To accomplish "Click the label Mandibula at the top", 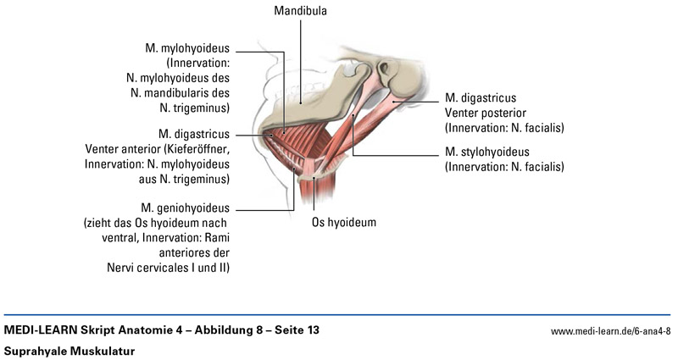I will [x=300, y=12].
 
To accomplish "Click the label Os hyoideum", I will [x=340, y=223].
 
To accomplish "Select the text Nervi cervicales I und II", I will [x=164, y=269].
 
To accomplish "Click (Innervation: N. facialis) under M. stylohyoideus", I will [x=504, y=167].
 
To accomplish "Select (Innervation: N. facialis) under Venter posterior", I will [x=504, y=128].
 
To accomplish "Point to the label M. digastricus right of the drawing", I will [x=481, y=97].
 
